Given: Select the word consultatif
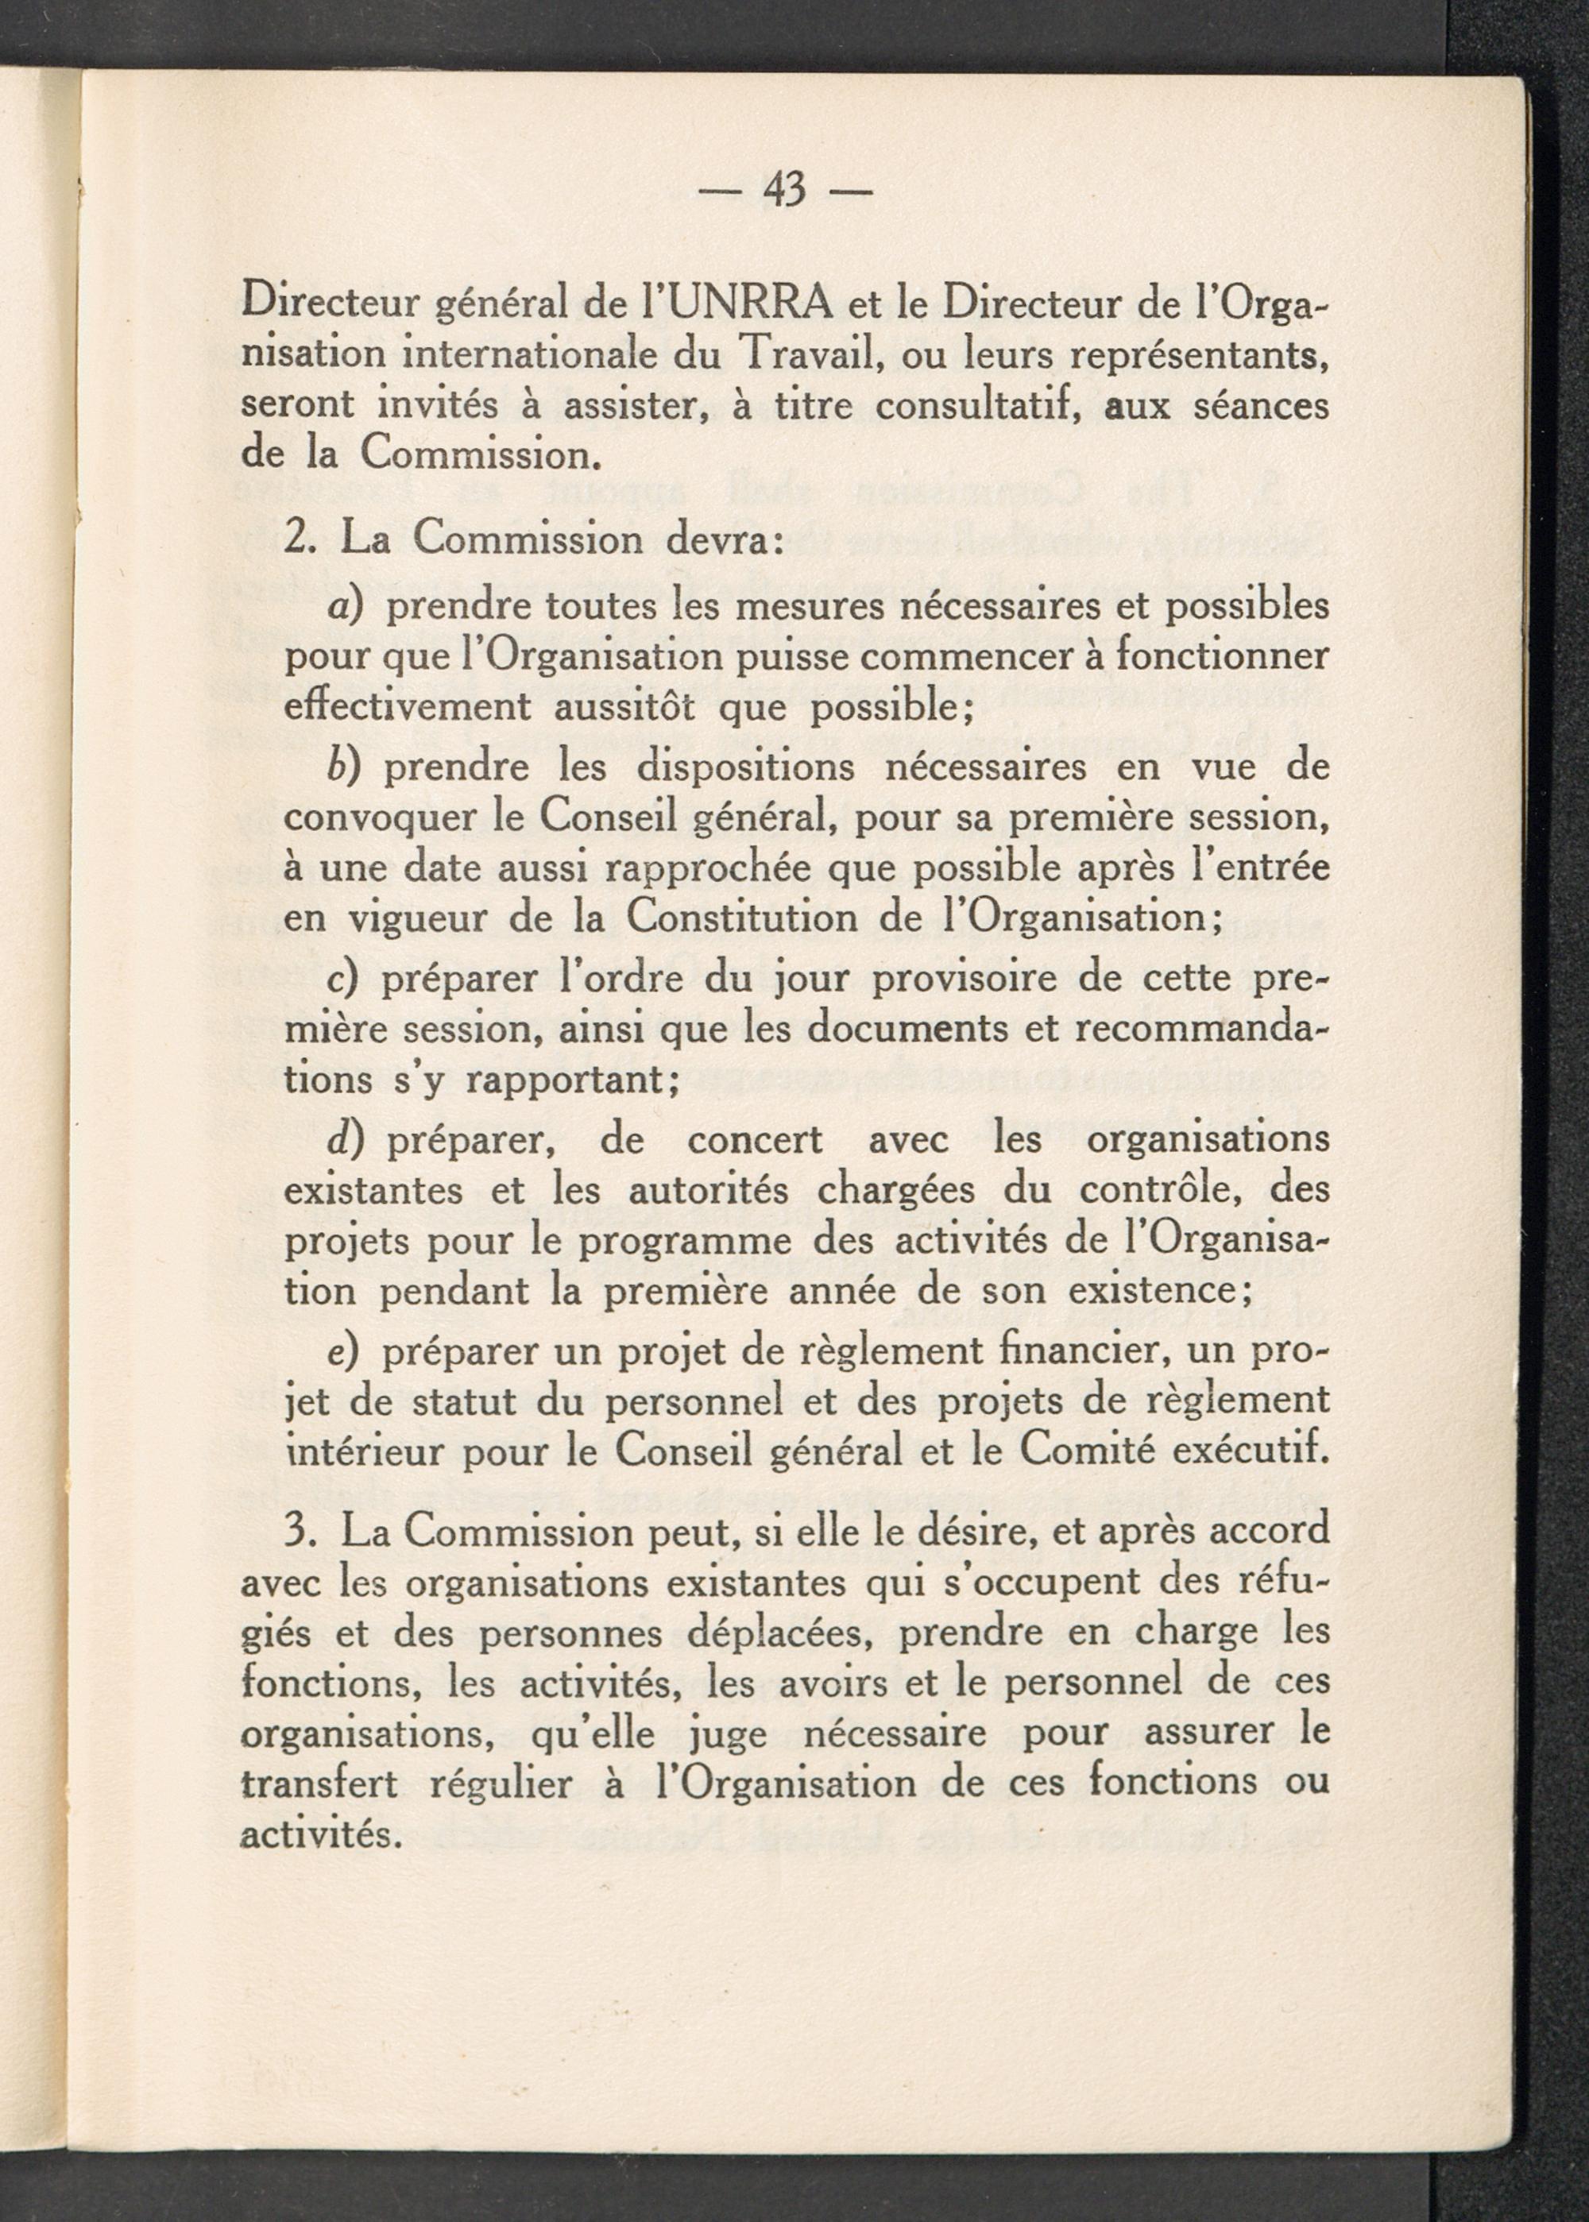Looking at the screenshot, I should click(x=988, y=405).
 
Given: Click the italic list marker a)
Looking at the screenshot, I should click(x=346, y=609).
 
